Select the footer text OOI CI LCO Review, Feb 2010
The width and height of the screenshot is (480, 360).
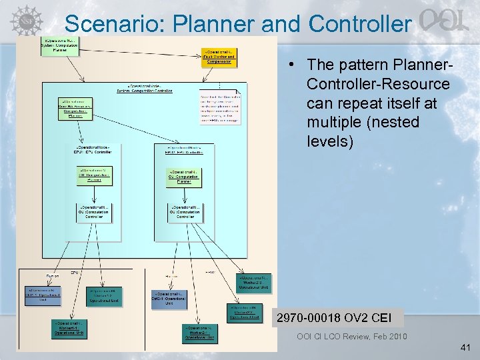pyautogui.click(x=351, y=336)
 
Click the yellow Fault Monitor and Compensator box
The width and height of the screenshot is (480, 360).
pyautogui.click(x=219, y=57)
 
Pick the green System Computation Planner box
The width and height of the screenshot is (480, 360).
pyautogui.click(x=60, y=46)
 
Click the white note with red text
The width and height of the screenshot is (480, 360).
pyautogui.click(x=220, y=107)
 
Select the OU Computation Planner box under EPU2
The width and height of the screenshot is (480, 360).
pyautogui.click(x=184, y=177)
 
